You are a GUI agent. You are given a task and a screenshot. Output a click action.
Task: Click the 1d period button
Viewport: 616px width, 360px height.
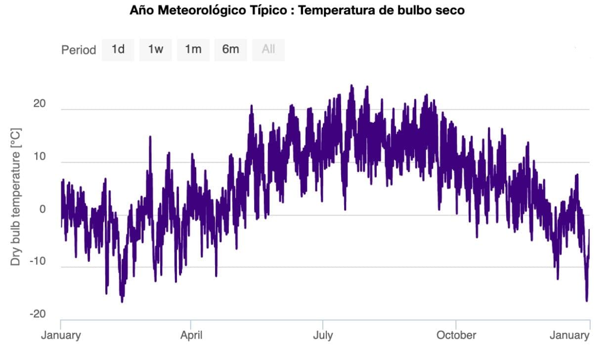coord(118,49)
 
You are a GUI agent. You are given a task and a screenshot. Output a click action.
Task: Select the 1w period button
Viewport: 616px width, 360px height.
coord(155,49)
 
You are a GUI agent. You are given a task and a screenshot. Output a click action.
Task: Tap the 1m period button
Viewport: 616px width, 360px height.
coord(193,49)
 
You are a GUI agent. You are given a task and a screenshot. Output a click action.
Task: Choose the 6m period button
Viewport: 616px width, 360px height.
coord(230,49)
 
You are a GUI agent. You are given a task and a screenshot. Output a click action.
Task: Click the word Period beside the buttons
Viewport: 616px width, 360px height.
coord(79,50)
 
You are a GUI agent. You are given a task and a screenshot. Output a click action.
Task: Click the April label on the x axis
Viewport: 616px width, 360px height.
coord(191,335)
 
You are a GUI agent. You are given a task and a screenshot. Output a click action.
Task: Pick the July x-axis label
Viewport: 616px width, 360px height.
coord(323,335)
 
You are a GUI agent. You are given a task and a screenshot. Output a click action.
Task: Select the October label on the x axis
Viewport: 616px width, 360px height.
coord(456,335)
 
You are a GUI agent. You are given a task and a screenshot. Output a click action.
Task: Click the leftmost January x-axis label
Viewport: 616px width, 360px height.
coord(61,335)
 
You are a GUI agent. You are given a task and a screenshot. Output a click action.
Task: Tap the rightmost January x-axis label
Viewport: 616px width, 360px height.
coord(570,335)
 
